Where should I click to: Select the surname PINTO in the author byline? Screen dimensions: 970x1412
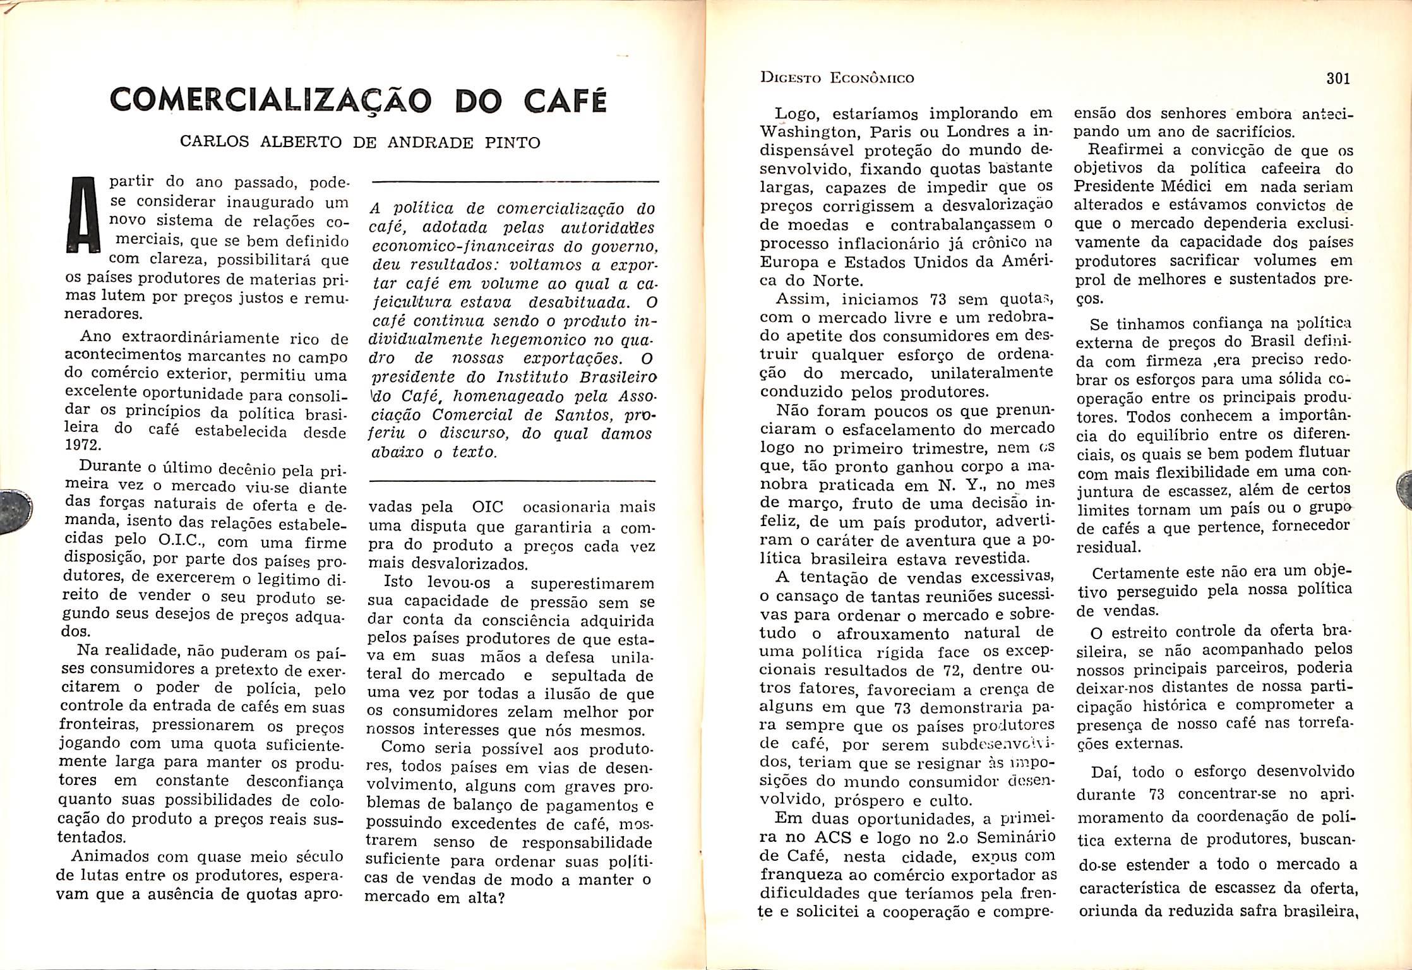(x=512, y=143)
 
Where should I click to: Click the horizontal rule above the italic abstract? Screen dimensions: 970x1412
(x=515, y=183)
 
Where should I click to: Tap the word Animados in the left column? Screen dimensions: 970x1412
(x=109, y=857)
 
